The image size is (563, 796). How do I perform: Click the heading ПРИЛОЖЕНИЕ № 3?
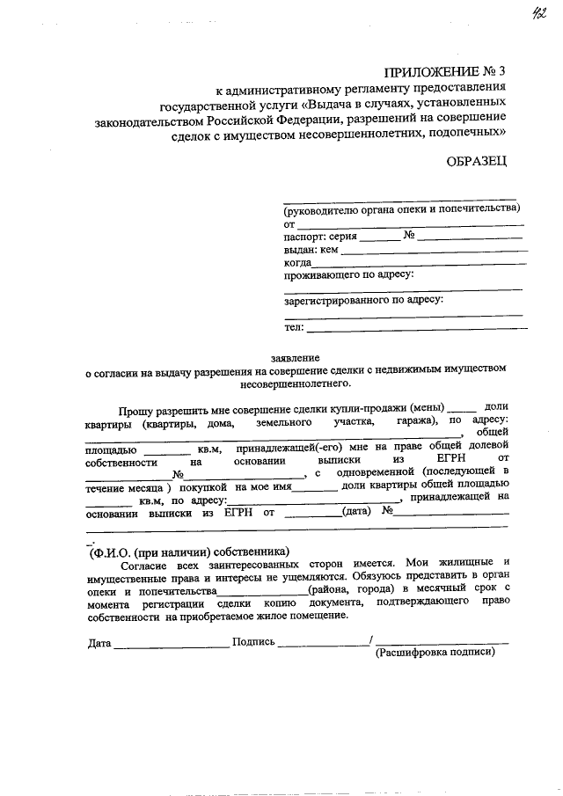click(445, 73)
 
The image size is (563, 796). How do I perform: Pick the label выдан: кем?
click(311, 250)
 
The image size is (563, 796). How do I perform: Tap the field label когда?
click(297, 263)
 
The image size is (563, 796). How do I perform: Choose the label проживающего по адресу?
click(349, 274)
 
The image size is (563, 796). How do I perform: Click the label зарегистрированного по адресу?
click(363, 301)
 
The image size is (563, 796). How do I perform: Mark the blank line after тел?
click(418, 327)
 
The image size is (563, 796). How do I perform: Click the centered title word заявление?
click(296, 358)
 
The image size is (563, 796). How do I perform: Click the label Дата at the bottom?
click(99, 643)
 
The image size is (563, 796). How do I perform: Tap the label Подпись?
click(253, 643)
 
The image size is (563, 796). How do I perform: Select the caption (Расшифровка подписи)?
click(435, 654)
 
